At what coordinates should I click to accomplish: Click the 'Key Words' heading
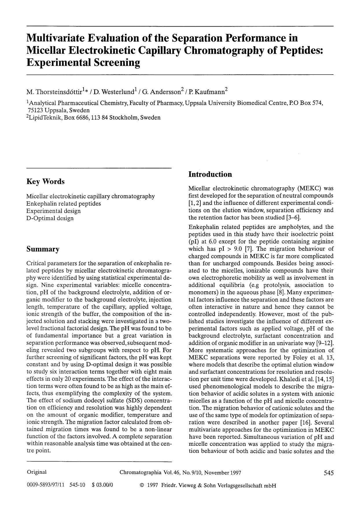[45, 182]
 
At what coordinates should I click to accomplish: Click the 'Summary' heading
[43, 249]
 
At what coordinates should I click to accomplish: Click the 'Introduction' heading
[210, 174]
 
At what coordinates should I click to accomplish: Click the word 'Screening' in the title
[115, 62]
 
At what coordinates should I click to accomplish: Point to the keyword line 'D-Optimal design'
[50, 218]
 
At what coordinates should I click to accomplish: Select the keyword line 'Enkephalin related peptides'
[64, 204]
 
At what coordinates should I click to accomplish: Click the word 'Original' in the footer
[37, 472]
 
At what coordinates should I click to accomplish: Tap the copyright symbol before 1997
[142, 486]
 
